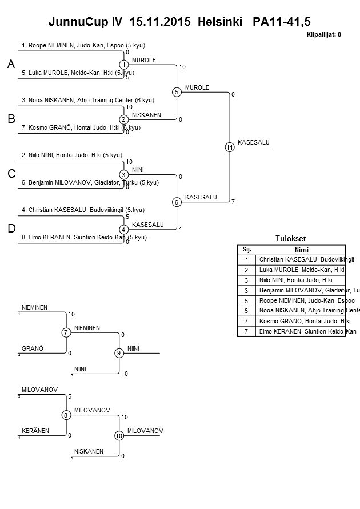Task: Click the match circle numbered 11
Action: pyautogui.click(x=230, y=147)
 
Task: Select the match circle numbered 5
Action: pyautogui.click(x=177, y=92)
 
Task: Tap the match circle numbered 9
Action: pyautogui.click(x=119, y=353)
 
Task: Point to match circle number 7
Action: pyautogui.click(x=66, y=332)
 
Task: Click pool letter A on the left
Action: pyautogui.click(x=11, y=65)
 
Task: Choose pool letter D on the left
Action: pyautogui.click(x=11, y=229)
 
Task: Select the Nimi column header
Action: pyautogui.click(x=301, y=249)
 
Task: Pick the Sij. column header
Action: pyautogui.click(x=247, y=249)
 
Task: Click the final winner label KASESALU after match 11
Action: pyautogui.click(x=253, y=142)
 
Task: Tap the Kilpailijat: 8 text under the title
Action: pyautogui.click(x=324, y=34)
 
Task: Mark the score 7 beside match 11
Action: pyautogui.click(x=233, y=201)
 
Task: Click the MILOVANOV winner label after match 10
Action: pyautogui.click(x=145, y=431)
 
